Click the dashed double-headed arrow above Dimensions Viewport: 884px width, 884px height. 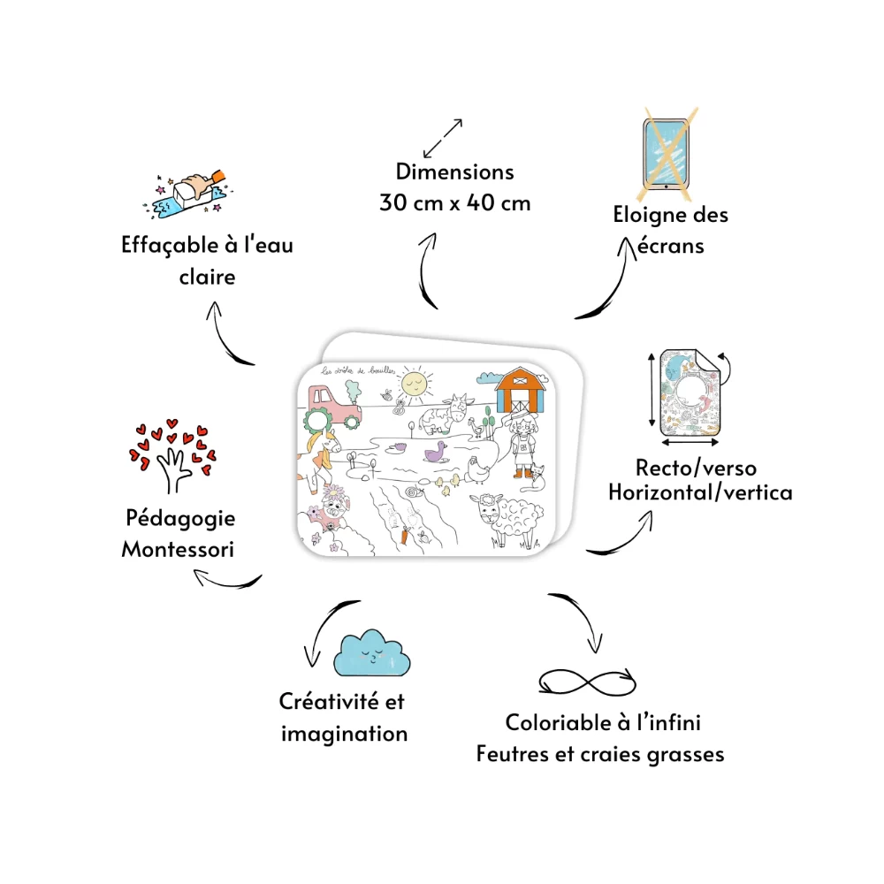point(443,137)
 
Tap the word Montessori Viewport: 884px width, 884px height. point(178,549)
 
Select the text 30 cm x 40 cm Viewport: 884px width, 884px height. point(455,202)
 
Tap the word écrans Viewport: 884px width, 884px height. point(670,246)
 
